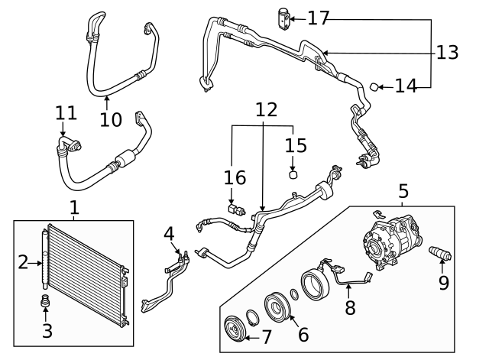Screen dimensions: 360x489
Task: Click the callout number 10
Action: tap(111, 119)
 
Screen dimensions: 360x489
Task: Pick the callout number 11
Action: tap(66, 113)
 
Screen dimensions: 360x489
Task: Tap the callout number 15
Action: tap(294, 144)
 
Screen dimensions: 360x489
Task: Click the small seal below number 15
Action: tap(293, 174)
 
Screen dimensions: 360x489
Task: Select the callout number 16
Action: tap(235, 177)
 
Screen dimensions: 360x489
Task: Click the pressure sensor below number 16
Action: tap(233, 206)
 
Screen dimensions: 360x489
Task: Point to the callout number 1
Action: tap(74, 207)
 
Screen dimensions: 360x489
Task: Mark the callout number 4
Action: tap(169, 232)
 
